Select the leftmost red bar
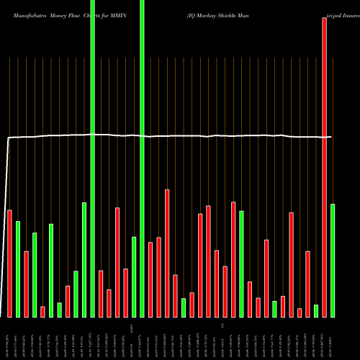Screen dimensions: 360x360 pos(9,263)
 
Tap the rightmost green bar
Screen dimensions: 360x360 pos(333,260)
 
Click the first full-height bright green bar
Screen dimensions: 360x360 pos(93,158)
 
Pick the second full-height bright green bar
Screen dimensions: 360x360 pos(142,158)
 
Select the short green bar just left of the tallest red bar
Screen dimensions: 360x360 pos(316,310)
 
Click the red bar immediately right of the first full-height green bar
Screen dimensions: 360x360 pos(101,293)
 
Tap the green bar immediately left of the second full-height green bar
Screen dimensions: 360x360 pos(134,276)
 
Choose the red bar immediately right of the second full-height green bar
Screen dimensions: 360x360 pos(150,279)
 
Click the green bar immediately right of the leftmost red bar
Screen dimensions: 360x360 pos(18,269)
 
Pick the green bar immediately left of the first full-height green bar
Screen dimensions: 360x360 pos(84,259)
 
